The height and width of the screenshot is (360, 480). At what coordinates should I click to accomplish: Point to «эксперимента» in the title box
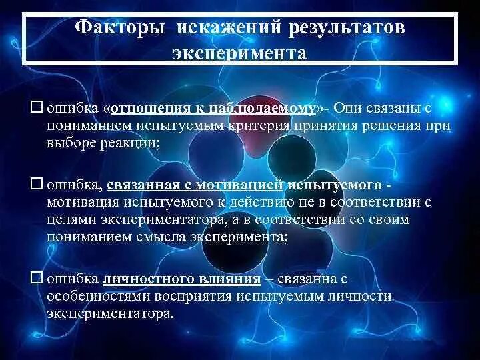tap(239, 53)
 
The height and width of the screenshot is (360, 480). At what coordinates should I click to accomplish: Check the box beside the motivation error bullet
tap(37, 182)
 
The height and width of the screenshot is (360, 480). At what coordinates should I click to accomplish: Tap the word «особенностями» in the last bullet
tap(93, 296)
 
